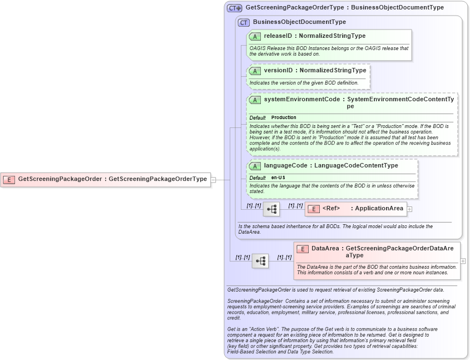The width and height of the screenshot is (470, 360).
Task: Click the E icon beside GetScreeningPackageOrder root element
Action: (9, 179)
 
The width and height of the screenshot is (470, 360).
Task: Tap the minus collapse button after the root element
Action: (213, 179)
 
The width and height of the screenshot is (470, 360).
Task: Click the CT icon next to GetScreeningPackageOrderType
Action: (234, 8)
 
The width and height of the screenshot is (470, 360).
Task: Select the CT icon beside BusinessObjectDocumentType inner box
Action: (244, 22)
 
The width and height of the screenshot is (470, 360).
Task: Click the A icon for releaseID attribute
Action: (255, 36)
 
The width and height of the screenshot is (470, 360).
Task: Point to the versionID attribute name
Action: (278, 71)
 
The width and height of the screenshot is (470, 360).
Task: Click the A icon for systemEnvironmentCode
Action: (255, 100)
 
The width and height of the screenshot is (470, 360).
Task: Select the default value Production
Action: (284, 117)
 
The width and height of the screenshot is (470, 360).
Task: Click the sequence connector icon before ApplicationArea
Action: (271, 209)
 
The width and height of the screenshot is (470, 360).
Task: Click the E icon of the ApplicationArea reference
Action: (314, 209)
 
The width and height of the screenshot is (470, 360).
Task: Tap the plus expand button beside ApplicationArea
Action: (409, 209)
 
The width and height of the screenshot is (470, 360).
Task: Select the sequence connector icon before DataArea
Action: (260, 260)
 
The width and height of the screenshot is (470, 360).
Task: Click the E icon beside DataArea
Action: (303, 249)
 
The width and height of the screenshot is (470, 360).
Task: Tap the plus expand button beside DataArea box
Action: (463, 260)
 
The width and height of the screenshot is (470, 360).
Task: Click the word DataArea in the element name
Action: (325, 249)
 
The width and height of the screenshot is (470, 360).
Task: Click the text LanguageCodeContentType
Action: (356, 166)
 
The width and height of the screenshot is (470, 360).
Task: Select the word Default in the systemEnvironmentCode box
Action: (258, 117)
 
